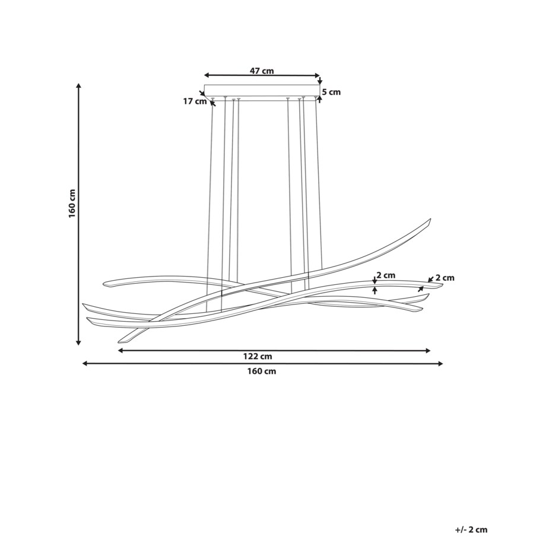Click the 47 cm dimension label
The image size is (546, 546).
click(x=262, y=71)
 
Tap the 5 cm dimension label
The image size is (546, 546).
click(x=331, y=92)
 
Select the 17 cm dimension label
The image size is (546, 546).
click(x=195, y=101)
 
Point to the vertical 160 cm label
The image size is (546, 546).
click(x=72, y=204)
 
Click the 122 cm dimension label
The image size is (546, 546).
click(x=258, y=357)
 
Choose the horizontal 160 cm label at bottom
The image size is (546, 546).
click(x=262, y=371)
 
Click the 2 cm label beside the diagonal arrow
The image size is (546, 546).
click(x=445, y=278)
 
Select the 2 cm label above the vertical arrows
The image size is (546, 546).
click(x=386, y=275)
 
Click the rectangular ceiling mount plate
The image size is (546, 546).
click(x=262, y=91)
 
